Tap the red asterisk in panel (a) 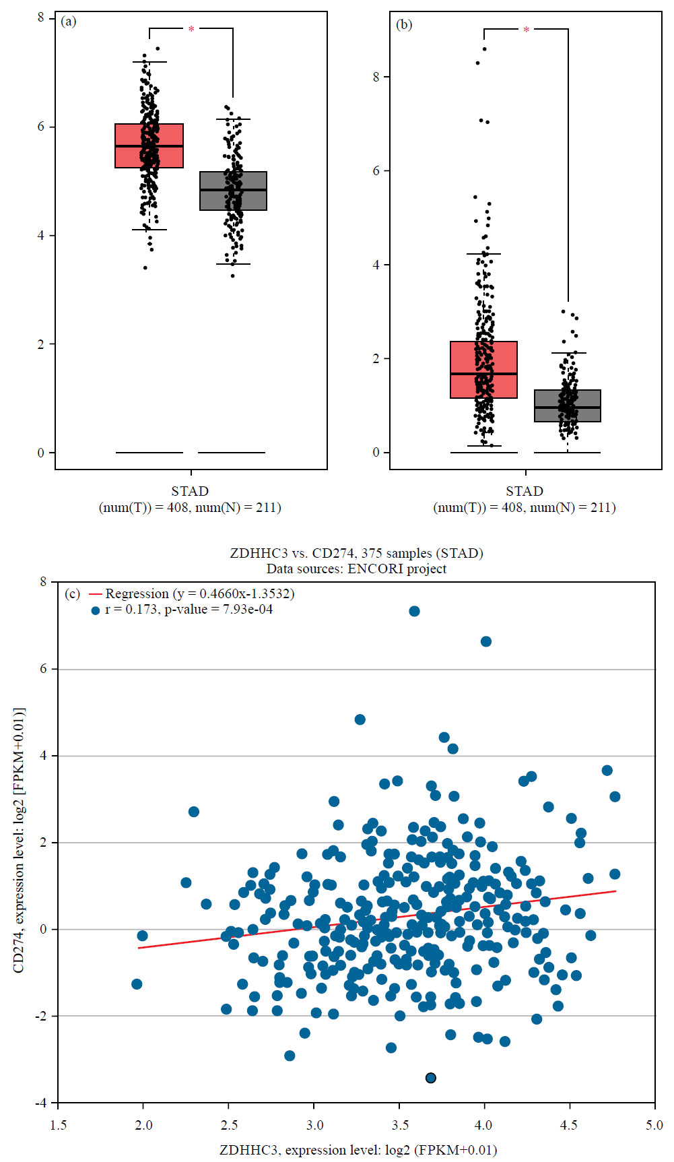click(191, 30)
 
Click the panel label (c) click(72, 594)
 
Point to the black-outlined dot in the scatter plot click(431, 1078)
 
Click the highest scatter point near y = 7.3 click(414, 611)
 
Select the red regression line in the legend click(95, 594)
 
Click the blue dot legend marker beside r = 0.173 click(95, 610)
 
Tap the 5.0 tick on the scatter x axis click(654, 1125)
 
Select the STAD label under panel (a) click(190, 491)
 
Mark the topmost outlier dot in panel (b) click(484, 49)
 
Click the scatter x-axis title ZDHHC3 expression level click(358, 1149)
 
